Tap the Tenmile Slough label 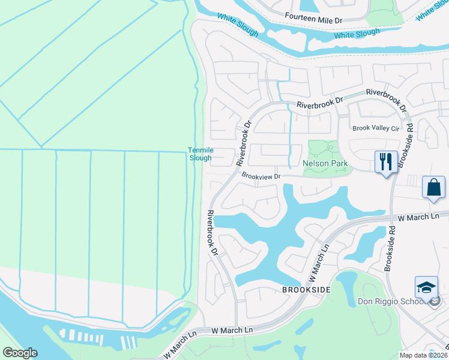coord(200,154)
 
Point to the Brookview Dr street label coord(261,176)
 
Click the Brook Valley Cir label coord(376,128)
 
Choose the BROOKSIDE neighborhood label coord(306,289)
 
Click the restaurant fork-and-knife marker coord(385,162)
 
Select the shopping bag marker coord(434,187)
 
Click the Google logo coord(20,353)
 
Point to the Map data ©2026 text coord(423,355)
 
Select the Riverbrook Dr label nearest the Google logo coord(212,233)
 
